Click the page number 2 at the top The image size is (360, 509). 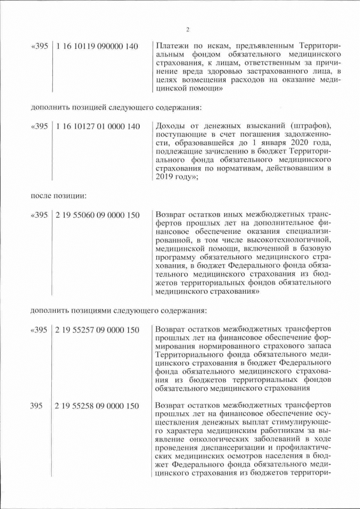188,30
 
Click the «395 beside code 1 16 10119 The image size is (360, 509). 39,46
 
